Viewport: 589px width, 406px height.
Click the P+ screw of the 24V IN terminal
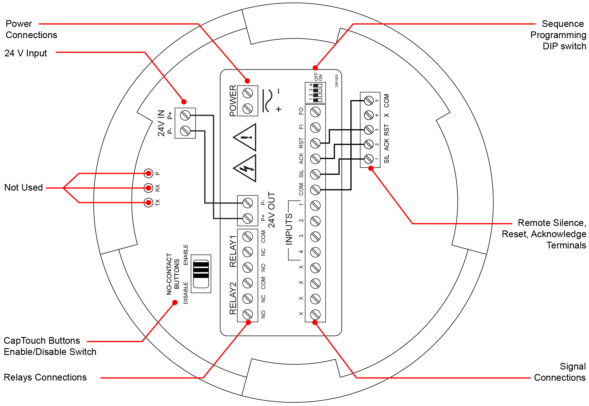coord(185,115)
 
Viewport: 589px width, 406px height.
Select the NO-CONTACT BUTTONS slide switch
coord(201,274)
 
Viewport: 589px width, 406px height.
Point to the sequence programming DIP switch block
coord(315,93)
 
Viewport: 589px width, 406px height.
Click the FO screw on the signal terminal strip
coord(315,112)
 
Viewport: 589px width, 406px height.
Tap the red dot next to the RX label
coord(148,188)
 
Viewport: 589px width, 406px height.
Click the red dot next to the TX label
coord(148,202)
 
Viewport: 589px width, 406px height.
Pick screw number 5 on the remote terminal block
coord(369,100)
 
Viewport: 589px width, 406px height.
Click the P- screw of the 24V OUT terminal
coord(248,203)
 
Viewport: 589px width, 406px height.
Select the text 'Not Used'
coord(24,187)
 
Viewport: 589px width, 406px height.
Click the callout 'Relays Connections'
coord(45,377)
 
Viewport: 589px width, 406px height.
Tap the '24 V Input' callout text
coord(26,53)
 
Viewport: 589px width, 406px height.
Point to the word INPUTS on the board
coord(289,229)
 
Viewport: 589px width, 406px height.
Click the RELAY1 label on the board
coord(233,251)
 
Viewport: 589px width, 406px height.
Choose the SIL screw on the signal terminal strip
coord(315,174)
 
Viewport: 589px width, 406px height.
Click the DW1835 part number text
coord(337,81)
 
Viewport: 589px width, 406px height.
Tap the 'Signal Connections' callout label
coord(560,372)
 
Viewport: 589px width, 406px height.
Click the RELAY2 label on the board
coord(233,298)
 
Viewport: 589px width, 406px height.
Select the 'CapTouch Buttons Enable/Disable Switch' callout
coord(50,346)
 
